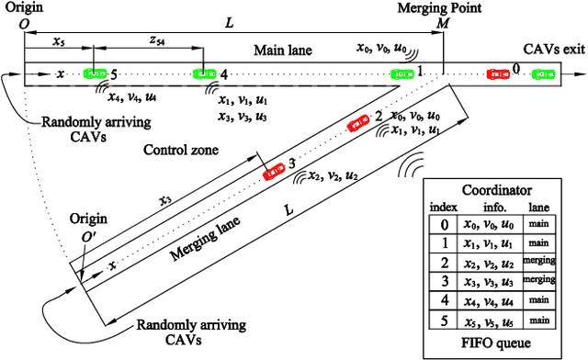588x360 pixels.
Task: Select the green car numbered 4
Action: (x=204, y=73)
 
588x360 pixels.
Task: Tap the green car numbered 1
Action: (x=401, y=73)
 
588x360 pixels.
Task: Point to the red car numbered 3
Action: (x=273, y=170)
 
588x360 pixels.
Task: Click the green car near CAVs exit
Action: (x=544, y=73)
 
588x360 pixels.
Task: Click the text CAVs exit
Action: (x=551, y=48)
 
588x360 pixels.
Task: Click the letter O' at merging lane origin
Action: (x=87, y=234)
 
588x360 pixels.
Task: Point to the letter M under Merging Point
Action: (x=443, y=22)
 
